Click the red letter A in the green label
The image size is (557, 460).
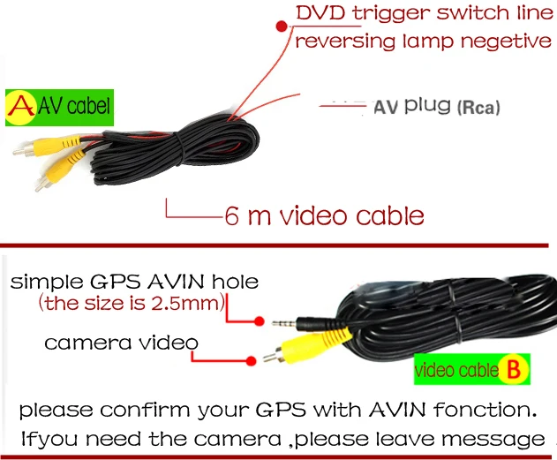click(18, 107)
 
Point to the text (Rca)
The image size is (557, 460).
click(478, 108)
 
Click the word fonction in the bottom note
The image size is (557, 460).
click(487, 410)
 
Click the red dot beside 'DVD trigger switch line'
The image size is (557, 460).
click(282, 26)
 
